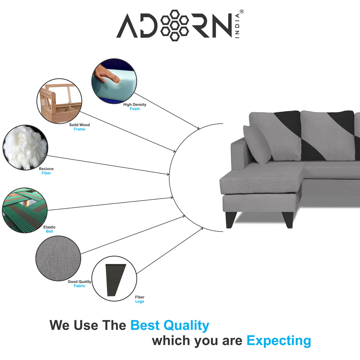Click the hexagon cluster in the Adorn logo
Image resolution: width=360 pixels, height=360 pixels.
pyautogui.click(x=175, y=26)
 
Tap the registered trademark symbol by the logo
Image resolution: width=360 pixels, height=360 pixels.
pyautogui.click(x=242, y=12)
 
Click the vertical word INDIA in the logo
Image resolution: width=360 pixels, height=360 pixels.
pyautogui.click(x=237, y=26)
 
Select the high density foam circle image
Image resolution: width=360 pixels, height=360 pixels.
pyautogui.click(x=114, y=81)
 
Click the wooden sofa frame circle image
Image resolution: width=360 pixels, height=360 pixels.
pyautogui.click(x=59, y=101)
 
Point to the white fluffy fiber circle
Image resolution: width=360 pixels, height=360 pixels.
pyautogui.click(x=25, y=147)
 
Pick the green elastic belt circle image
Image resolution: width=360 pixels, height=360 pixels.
pyautogui.click(x=25, y=210)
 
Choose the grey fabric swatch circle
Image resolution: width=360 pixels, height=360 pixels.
pyautogui.click(x=58, y=258)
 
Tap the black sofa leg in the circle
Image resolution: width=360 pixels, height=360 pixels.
pyautogui.click(x=115, y=280)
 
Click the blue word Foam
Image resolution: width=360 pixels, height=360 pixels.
pyautogui.click(x=135, y=109)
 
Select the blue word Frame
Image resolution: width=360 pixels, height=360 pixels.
pyautogui.click(x=80, y=129)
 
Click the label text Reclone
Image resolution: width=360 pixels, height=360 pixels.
pyautogui.click(x=46, y=169)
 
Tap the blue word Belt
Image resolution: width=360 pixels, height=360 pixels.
pyautogui.click(x=49, y=231)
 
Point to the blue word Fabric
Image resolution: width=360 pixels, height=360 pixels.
pyautogui.click(x=80, y=286)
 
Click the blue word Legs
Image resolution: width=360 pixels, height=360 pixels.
pyautogui.click(x=140, y=301)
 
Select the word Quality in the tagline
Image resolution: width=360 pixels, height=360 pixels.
pyautogui.click(x=186, y=326)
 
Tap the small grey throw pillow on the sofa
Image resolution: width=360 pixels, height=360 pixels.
pyautogui.click(x=257, y=145)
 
